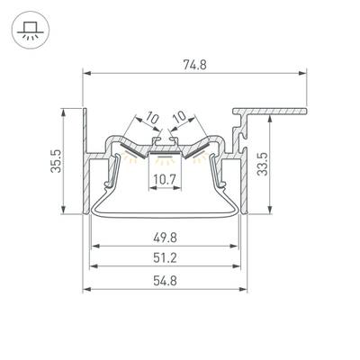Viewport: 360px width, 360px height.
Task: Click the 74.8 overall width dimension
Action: tap(194, 65)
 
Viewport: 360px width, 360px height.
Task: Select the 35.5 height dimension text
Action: tap(56, 161)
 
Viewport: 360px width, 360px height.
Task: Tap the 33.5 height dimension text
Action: tap(263, 164)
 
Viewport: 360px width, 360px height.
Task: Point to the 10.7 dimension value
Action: tap(165, 180)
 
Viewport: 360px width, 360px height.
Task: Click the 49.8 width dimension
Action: tap(165, 238)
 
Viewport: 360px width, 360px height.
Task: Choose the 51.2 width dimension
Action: tap(165, 258)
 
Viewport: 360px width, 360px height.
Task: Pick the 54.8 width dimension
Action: tap(165, 281)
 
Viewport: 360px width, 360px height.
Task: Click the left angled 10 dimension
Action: tap(152, 118)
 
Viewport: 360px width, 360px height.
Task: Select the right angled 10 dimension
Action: tap(180, 116)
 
